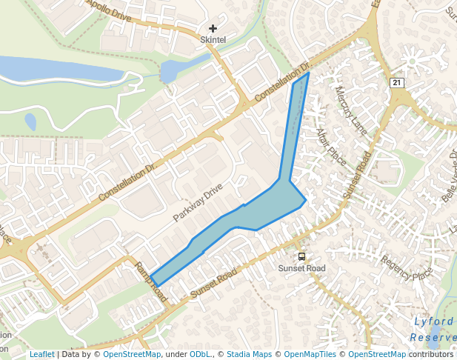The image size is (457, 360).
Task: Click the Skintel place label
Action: point(213,39)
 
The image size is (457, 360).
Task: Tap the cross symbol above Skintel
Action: point(213,28)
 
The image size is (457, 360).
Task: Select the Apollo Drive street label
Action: point(109,10)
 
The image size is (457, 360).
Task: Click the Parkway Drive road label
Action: point(198,203)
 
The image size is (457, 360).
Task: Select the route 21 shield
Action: point(398,83)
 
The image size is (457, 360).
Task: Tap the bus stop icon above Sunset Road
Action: point(301,256)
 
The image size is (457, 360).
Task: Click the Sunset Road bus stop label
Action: point(301,267)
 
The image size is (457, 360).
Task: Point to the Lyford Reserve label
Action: point(434,329)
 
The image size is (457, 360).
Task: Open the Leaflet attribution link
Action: point(41,355)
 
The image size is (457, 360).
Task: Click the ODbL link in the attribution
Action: point(200,355)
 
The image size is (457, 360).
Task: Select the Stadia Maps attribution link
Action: point(249,355)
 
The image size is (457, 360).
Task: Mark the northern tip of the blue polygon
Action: point(308,73)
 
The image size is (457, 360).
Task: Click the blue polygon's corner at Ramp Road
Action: point(156,286)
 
